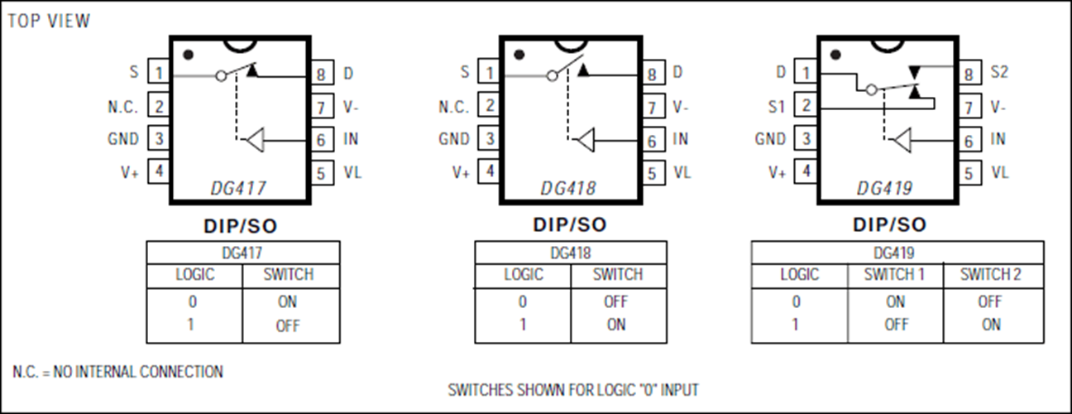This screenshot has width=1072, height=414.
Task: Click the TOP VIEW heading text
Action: (x=49, y=21)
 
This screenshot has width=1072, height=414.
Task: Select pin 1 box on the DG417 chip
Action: (x=159, y=71)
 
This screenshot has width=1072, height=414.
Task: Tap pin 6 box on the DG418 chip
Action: (x=653, y=141)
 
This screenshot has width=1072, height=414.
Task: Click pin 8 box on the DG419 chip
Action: (x=969, y=74)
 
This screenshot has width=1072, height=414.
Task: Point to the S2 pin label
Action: (x=999, y=72)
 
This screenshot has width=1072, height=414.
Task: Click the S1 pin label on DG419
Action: (x=776, y=106)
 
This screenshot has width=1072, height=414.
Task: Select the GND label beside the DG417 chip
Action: (x=123, y=138)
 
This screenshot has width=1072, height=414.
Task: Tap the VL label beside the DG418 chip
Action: (x=682, y=172)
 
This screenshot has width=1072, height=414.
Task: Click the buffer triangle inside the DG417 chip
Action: (x=256, y=140)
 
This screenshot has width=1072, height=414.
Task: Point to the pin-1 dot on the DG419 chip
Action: (x=835, y=55)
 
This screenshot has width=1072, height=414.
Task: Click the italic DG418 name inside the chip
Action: (x=568, y=188)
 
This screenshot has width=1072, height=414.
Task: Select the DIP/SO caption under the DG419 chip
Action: (x=890, y=224)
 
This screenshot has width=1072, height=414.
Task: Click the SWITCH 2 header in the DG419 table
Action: (x=991, y=274)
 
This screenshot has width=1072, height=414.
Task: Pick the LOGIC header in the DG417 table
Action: (x=194, y=274)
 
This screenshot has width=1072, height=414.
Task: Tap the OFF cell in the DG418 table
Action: (x=615, y=301)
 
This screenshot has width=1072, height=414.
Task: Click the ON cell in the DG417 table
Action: (x=287, y=301)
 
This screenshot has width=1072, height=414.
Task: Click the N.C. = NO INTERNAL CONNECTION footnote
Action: (x=117, y=371)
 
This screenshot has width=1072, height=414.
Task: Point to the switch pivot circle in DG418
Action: (x=553, y=75)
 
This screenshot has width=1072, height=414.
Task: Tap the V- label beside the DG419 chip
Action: (x=998, y=106)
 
